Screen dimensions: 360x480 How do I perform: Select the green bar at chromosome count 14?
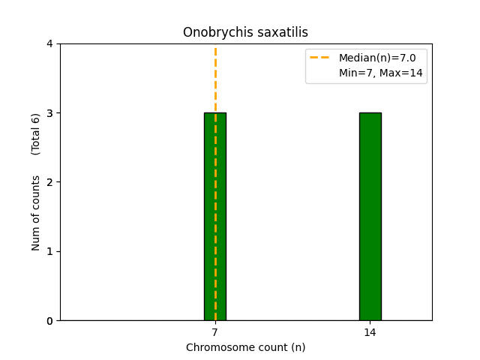point(370,217)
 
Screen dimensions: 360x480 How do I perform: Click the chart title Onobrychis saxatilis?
point(245,32)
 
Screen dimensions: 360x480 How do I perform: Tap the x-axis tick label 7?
point(215,332)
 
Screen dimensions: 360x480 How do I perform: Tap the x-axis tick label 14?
point(370,332)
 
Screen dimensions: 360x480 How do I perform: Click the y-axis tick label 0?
point(49,321)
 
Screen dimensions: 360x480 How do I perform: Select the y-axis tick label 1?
point(49,251)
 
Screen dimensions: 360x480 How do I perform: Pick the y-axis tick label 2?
point(49,182)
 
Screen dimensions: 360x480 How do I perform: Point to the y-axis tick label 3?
point(49,113)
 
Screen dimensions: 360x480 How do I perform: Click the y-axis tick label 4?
point(49,44)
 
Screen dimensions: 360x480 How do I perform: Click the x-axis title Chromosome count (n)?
point(245,347)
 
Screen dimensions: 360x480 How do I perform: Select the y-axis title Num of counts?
point(36,212)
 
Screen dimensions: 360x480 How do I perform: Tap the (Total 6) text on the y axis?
point(36,133)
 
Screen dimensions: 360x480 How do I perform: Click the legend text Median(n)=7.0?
point(377,58)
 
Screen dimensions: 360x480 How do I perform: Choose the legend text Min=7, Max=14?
point(380,72)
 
